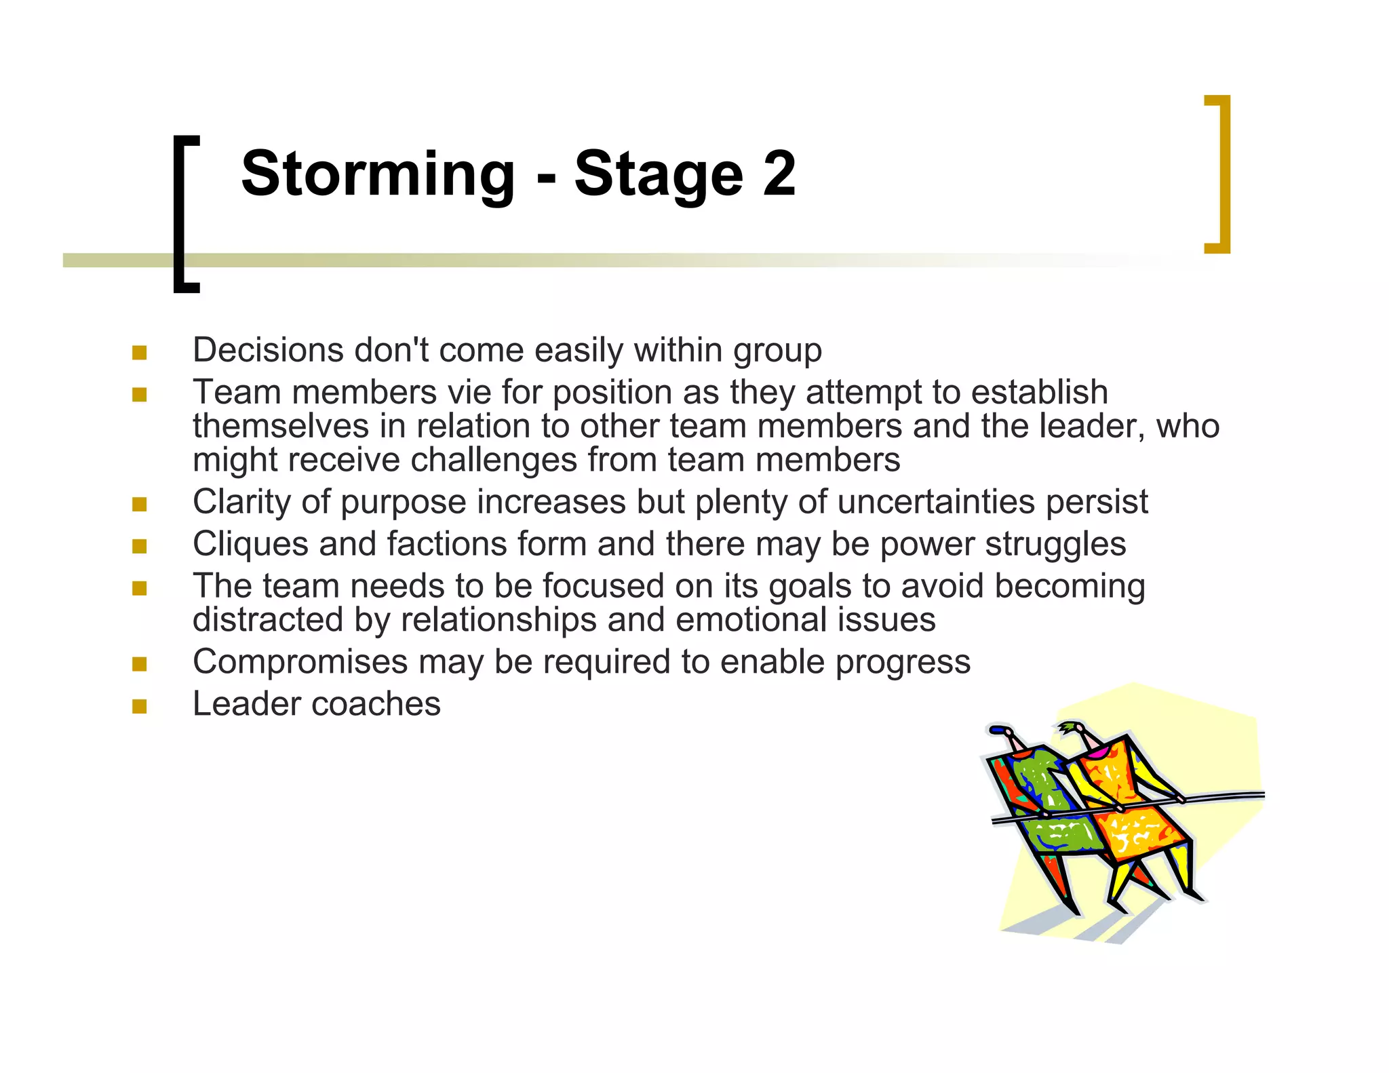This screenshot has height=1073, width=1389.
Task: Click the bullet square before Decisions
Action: click(x=140, y=353)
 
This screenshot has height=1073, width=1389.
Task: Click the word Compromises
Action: click(x=300, y=662)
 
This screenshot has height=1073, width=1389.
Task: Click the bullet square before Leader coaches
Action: click(x=140, y=707)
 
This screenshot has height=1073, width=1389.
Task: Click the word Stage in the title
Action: click(x=659, y=174)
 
